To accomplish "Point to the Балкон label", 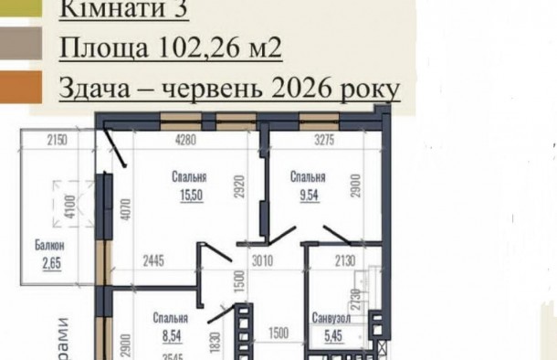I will pyautogui.click(x=51, y=246).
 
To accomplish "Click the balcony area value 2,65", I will pyautogui.click(x=51, y=264).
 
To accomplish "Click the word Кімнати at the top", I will pyautogui.click(x=97, y=9).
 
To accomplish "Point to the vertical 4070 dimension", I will pyautogui.click(x=127, y=216).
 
